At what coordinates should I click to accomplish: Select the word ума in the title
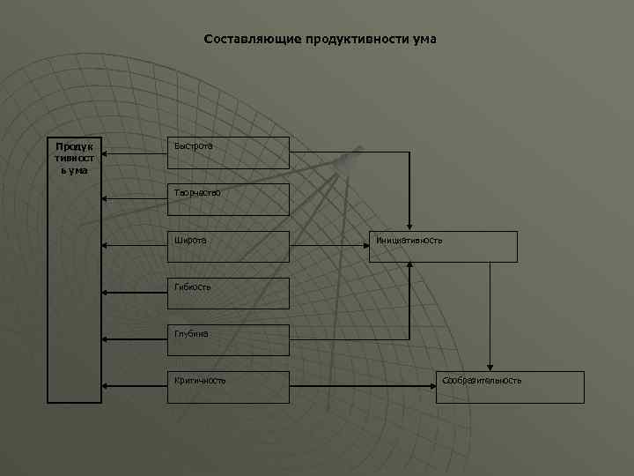[x=424, y=40]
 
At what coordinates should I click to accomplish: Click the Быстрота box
[x=228, y=152]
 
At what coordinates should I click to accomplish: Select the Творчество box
[x=228, y=199]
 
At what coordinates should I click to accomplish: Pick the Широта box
[x=228, y=246]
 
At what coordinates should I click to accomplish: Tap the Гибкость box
[x=228, y=293]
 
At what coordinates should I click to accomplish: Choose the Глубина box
[x=228, y=339]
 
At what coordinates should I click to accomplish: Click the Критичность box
[x=228, y=386]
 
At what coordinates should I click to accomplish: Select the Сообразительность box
[x=510, y=386]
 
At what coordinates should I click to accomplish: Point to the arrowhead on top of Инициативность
[x=409, y=227]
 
